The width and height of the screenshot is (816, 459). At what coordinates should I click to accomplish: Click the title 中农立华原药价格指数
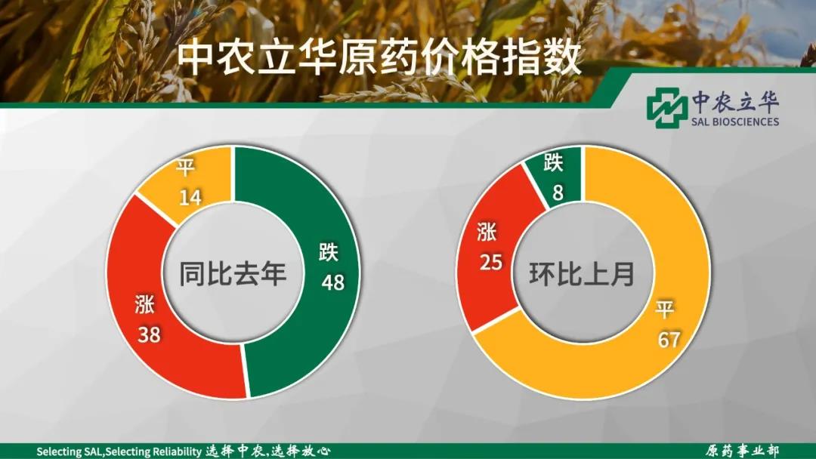coord(379,59)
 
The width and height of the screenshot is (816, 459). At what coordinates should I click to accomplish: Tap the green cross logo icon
coord(667,108)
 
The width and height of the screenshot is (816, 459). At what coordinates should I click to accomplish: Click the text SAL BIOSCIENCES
coord(735,122)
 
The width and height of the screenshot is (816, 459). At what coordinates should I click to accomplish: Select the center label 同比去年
coord(233,273)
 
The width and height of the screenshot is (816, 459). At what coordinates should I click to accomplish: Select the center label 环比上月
coord(582,273)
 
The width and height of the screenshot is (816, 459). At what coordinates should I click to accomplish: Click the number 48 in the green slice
coord(333,282)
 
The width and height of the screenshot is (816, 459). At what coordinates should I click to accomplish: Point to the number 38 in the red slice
coord(149,334)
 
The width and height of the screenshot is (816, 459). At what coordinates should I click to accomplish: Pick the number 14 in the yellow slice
coord(190,198)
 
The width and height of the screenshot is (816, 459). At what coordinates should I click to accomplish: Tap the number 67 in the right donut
coord(669,340)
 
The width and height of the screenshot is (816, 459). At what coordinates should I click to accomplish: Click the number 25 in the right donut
coord(491,263)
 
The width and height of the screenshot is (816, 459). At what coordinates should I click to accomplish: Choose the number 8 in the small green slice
coord(558,193)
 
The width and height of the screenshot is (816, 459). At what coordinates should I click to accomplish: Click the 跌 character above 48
coord(329,253)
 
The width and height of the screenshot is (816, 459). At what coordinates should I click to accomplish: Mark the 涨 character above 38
coord(144,304)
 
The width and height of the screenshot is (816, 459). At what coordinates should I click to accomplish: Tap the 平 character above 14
coord(185,168)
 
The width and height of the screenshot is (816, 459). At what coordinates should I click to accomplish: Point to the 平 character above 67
coord(665,310)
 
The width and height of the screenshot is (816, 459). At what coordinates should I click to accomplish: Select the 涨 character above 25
coord(487,233)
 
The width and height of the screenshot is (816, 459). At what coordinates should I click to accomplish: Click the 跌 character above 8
coord(554,163)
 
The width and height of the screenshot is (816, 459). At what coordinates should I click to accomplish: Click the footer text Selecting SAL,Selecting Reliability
coord(119,451)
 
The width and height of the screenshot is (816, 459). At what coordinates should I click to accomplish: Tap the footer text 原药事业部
coord(742,451)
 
